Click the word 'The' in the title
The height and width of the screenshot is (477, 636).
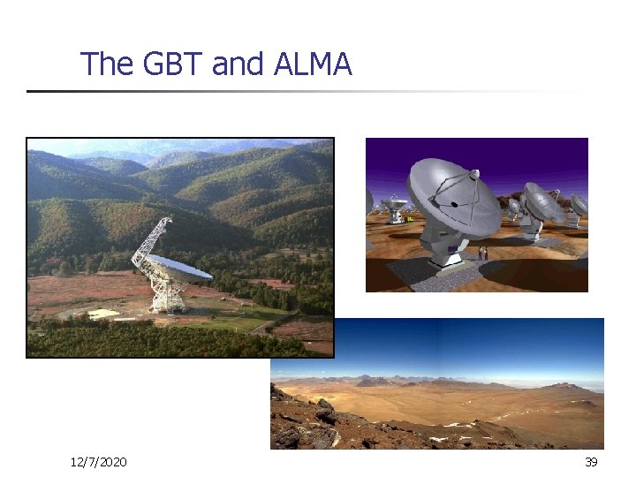pyautogui.click(x=103, y=64)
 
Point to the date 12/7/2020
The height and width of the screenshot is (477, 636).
pyautogui.click(x=98, y=462)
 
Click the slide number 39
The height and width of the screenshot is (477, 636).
pyautogui.click(x=591, y=462)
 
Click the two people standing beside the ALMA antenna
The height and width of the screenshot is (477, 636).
pyautogui.click(x=482, y=254)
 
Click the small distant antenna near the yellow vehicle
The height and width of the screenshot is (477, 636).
pyautogui.click(x=395, y=210)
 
